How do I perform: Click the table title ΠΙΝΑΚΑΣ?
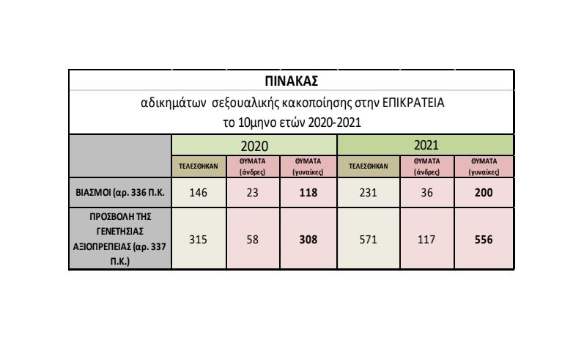pos(292,80)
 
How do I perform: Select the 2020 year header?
pos(254,145)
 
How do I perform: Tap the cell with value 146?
pos(199,194)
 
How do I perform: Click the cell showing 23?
pos(254,194)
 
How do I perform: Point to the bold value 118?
pos(308,194)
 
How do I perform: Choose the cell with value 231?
pos(368,194)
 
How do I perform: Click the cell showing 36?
pos(427,194)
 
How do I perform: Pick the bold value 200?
pos(484,194)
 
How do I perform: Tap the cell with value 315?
pos(199,239)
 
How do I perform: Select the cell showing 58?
pos(254,239)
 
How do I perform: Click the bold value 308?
pos(308,239)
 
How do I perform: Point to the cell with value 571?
pos(368,239)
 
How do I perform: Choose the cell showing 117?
pos(427,239)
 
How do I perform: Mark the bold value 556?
pos(484,239)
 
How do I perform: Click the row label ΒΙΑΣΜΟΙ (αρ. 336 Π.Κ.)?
pos(120,194)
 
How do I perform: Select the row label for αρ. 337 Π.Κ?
pos(120,239)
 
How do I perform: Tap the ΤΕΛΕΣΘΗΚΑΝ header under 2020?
pos(199,166)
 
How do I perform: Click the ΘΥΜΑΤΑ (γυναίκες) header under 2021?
pos(484,166)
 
